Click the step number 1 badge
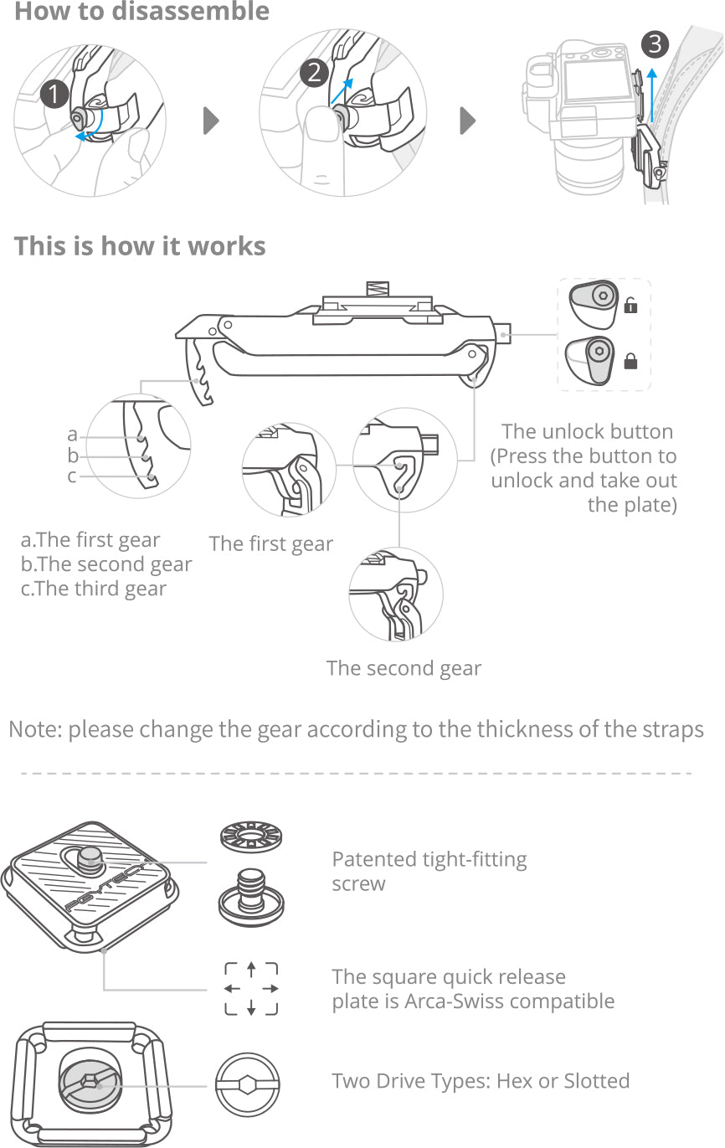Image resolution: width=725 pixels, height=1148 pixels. click(x=54, y=94)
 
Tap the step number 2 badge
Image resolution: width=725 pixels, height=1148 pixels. click(x=314, y=73)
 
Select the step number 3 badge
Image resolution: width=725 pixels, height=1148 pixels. click(x=655, y=44)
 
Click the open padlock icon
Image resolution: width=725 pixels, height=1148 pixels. click(x=630, y=305)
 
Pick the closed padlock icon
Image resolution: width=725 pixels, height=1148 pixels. click(x=630, y=361)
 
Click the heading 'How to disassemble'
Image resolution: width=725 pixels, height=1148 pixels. click(x=142, y=11)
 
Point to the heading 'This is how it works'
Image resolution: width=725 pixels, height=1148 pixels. click(x=140, y=246)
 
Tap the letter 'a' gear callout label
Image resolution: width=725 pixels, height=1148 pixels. click(x=72, y=435)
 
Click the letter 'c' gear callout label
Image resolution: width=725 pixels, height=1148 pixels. click(x=72, y=476)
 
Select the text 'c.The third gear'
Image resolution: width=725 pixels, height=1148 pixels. click(x=94, y=589)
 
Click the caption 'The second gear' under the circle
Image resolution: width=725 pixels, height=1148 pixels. click(x=404, y=668)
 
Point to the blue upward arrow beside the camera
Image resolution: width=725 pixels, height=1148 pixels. click(x=651, y=95)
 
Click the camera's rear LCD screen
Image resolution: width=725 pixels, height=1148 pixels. click(x=597, y=80)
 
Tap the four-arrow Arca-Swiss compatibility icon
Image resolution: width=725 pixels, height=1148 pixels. click(x=251, y=989)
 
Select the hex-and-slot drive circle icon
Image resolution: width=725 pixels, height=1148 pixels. click(x=248, y=1084)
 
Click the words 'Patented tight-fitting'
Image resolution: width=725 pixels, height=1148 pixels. click(x=429, y=859)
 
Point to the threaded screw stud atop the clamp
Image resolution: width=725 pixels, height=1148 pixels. click(x=378, y=289)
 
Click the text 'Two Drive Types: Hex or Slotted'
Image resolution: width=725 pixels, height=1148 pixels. click(x=481, y=1081)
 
